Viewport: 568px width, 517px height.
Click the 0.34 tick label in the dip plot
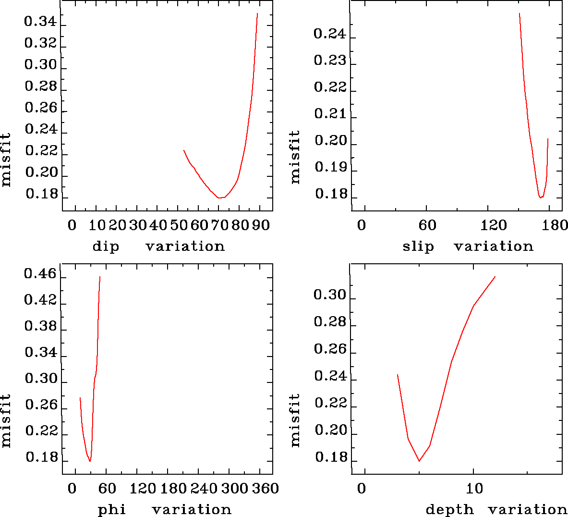[x=41, y=22]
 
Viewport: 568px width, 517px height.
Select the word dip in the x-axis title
[x=106, y=246]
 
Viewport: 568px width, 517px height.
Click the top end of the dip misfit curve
[x=257, y=13]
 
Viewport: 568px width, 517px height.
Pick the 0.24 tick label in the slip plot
[x=330, y=34]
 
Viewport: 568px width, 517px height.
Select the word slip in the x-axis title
[x=418, y=246]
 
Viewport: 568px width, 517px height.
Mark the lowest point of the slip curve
[x=541, y=197]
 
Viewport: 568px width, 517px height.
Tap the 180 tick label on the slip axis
[x=557, y=225]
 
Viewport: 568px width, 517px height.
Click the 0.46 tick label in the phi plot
[x=41, y=275]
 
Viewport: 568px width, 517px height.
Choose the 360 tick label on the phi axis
[x=266, y=489]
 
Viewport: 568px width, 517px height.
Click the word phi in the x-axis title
[x=112, y=509]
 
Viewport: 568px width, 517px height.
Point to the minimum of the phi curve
[x=90, y=461]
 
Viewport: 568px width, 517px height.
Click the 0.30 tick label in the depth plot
[x=330, y=295]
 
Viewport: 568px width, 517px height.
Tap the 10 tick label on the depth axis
[x=474, y=489]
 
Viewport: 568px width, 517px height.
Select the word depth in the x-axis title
[x=449, y=509]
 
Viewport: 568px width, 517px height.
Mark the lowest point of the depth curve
[x=420, y=461]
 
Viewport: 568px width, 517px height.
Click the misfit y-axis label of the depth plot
[x=295, y=420]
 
